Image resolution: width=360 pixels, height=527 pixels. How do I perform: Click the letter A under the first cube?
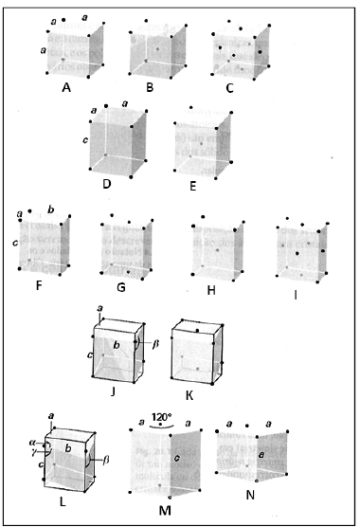pos(66,88)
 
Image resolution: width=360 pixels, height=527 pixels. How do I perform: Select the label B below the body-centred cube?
pos(150,87)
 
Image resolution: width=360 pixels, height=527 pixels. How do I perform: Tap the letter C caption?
pos(229,88)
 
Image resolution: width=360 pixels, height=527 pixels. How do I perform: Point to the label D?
pos(107,184)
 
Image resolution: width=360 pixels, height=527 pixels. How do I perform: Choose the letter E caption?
pos(192,186)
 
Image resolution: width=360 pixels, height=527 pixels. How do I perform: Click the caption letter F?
pos(39,286)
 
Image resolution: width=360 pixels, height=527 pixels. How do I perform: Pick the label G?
pos(121,288)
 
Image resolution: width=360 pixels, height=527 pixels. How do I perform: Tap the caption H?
pos(211,290)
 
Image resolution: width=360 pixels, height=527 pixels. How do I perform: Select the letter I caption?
pos(296,295)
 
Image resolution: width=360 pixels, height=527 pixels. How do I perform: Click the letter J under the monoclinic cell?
pos(113,391)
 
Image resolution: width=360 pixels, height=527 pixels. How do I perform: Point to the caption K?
pos(189,396)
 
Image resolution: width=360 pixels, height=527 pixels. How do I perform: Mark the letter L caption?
pos(63,501)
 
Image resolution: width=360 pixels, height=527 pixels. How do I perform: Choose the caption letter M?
pos(165,511)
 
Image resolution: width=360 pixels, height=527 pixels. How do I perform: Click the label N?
pos(250,495)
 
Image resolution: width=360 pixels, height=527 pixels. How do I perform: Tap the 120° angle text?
pos(162,417)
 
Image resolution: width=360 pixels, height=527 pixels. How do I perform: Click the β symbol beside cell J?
pos(155,344)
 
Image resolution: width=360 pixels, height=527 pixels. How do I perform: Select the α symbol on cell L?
pos(32,443)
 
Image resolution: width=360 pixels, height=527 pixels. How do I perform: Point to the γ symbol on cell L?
pos(32,450)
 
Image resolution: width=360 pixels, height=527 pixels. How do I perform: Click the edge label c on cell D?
pos(85,140)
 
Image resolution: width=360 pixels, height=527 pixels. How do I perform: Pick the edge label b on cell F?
pos(51,209)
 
